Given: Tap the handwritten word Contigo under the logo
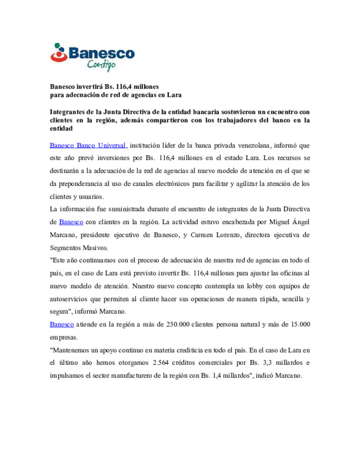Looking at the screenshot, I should [x=101, y=65].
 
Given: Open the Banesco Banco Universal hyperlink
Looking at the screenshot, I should [x=88, y=145].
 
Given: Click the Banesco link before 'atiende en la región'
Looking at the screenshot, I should [x=62, y=324].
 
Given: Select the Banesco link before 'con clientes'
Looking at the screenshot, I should [x=71, y=222].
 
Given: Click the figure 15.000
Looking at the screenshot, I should [x=300, y=324].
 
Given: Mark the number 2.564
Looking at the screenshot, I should [x=161, y=363].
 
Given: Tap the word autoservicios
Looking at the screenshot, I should [x=68, y=299].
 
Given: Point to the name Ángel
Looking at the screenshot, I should [x=301, y=222].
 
